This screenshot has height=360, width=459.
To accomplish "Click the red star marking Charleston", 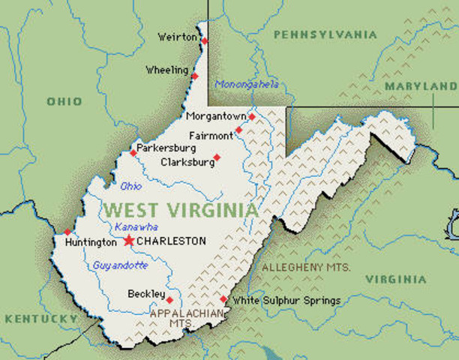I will coord(128,241).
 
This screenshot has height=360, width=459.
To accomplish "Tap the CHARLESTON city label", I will coord(171,241).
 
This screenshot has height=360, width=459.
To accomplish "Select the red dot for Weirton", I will coord(205,40).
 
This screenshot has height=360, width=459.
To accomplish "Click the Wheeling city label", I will coord(167,70).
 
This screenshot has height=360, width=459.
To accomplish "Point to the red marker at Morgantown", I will coord(252,117).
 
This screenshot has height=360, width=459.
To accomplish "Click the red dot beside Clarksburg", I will coord(217,157).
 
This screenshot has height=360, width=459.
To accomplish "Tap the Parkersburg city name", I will coord(166,148).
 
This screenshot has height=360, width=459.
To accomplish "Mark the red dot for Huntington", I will coord(67,232).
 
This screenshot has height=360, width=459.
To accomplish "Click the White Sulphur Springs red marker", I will coord(223,298).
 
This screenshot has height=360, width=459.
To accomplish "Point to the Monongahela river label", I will coord(247,85).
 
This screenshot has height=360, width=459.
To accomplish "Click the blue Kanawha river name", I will coord(133,226).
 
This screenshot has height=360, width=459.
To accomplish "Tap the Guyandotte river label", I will coord(120,265).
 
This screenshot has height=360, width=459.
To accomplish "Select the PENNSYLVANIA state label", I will coord(325,34).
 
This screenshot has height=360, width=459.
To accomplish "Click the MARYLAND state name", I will coord(420,87).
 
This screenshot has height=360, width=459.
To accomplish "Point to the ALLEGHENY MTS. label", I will coord(301,267).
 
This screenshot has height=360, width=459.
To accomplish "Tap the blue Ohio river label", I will coord(130,185).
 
